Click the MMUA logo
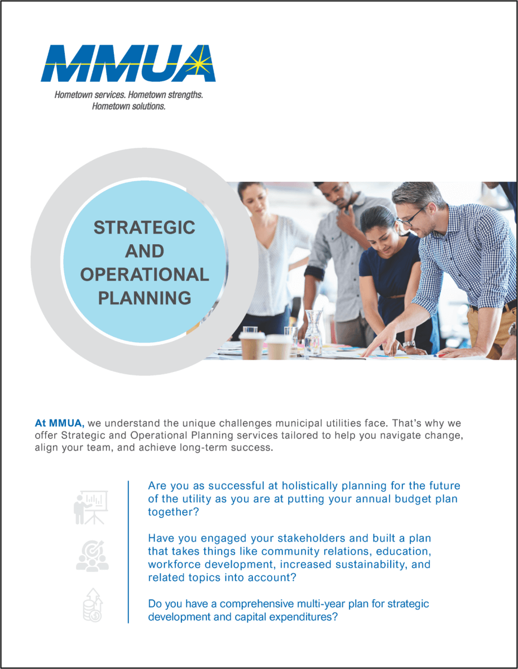click(128, 64)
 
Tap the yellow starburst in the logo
click(200, 64)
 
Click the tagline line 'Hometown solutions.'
click(128, 106)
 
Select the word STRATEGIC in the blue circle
click(144, 227)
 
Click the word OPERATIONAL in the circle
click(145, 275)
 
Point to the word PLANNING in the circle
click(145, 298)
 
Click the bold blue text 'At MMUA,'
click(60, 423)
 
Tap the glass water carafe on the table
click(313, 334)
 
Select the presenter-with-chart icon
click(91, 507)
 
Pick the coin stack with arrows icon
click(93, 605)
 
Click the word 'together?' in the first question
click(174, 512)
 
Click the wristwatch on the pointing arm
click(409, 344)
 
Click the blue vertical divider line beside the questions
click(128, 552)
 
